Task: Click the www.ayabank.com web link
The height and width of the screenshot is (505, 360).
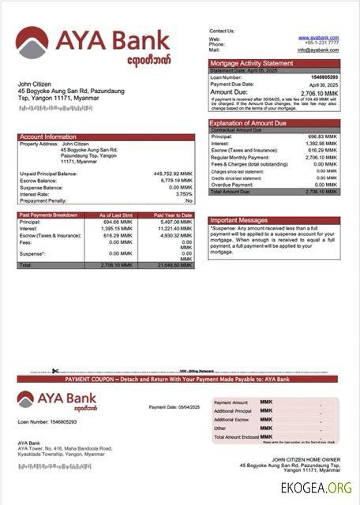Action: point(318,37)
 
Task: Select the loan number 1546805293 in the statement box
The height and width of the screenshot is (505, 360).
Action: point(321,77)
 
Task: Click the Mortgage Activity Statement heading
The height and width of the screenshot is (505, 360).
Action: point(251,63)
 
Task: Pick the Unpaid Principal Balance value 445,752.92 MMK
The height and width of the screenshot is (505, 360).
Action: point(172,173)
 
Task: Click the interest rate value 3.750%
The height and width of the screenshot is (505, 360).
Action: point(183,193)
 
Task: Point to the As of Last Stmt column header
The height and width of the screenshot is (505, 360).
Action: point(115,215)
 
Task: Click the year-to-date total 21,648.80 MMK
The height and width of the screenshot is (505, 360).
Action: point(174,265)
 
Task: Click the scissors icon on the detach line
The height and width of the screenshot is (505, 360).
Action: point(55,371)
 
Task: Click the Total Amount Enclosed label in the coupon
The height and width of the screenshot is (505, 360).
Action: point(238,436)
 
